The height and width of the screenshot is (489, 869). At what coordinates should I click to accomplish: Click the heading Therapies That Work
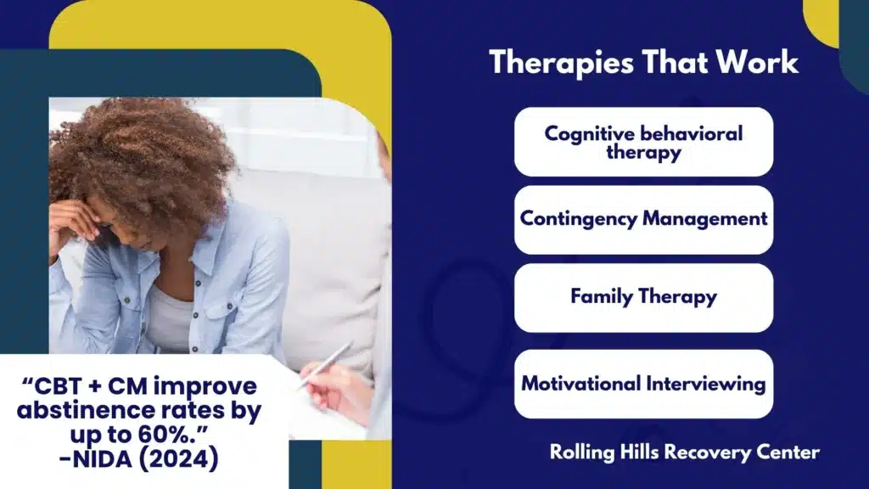coord(643,62)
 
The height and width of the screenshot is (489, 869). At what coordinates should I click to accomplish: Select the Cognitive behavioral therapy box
coord(643,142)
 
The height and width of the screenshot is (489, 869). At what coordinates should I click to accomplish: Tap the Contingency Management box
coord(643,220)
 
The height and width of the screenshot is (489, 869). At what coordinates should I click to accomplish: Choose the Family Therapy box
coord(643,298)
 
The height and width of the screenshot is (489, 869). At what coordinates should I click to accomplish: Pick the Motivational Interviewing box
coord(643,384)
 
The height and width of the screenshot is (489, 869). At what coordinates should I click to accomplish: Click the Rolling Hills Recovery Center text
coord(685,452)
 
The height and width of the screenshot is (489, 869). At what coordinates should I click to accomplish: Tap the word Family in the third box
coord(602,297)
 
